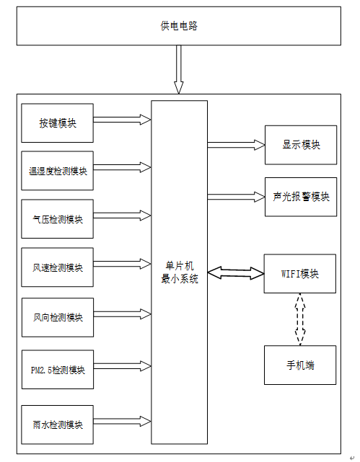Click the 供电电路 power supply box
[179, 26]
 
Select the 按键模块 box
[58, 123]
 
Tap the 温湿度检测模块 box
[58, 171]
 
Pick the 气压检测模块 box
[58, 219]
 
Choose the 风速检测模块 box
[58, 267]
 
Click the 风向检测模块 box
[58, 317]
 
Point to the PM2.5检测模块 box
[58, 370]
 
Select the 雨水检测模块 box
[58, 425]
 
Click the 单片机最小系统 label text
[179, 272]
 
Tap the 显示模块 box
[301, 145]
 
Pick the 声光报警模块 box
[301, 197]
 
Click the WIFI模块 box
[300, 274]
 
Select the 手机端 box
[300, 365]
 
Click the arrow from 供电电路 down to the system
[179, 69]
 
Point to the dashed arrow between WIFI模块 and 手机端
[300, 319]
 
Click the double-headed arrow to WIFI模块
[236, 273]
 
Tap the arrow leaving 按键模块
[123, 120]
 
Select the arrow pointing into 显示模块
[236, 145]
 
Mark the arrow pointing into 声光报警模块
[236, 197]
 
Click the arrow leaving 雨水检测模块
[123, 422]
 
